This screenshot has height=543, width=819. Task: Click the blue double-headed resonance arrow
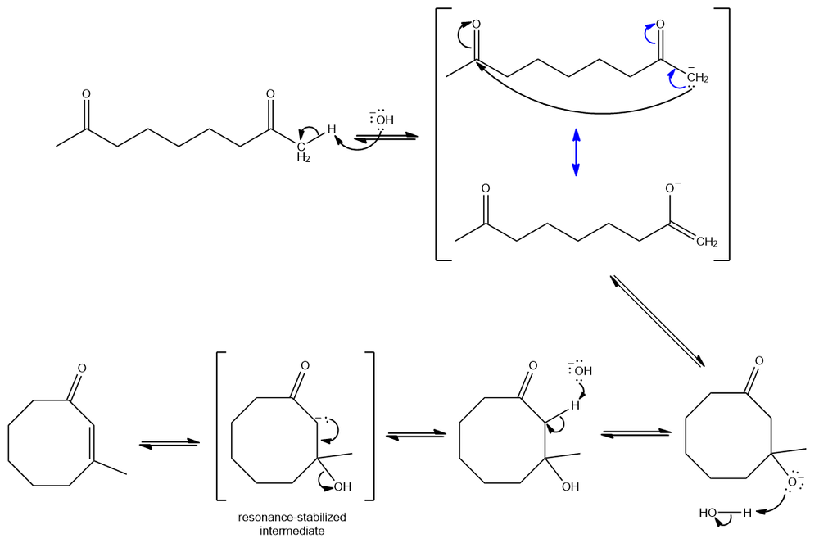pos(576,152)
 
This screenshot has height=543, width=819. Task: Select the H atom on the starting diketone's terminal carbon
pos(332,129)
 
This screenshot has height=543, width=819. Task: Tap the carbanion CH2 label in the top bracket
pos(697,78)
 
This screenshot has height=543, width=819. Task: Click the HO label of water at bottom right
pos(708,513)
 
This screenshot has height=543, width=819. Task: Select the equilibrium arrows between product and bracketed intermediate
pos(170,443)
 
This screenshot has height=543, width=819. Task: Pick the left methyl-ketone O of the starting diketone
pos(85,96)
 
